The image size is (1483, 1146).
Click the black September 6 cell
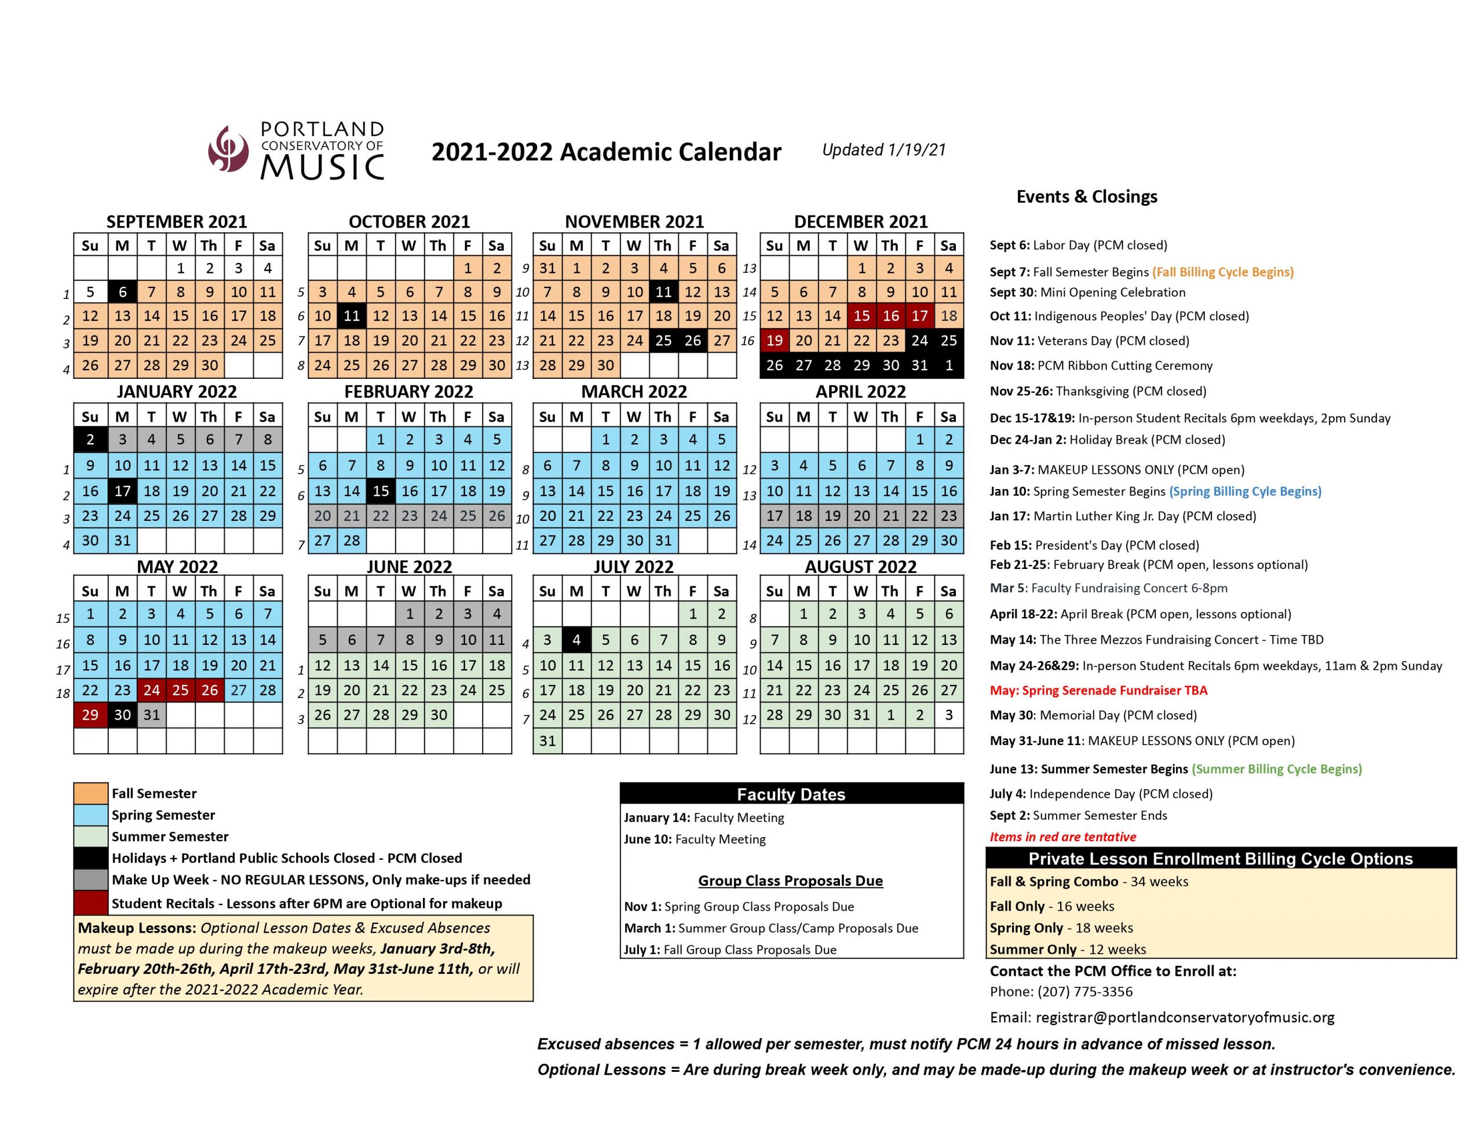[x=122, y=292]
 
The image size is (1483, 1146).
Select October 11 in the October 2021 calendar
[x=351, y=316]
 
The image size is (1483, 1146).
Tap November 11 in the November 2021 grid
[x=663, y=292]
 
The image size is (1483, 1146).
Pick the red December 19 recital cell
[x=774, y=340]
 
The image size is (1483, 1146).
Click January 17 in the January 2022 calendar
[x=122, y=491]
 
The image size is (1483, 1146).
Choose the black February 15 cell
[x=380, y=491]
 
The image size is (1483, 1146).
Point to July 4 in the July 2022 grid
[x=576, y=639]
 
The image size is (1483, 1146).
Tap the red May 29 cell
[x=90, y=714]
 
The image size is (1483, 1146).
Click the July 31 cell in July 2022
[x=547, y=740]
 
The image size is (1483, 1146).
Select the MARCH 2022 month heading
[x=634, y=392]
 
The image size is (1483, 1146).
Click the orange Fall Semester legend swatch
[x=90, y=793]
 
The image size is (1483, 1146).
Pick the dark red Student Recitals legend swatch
[x=90, y=903]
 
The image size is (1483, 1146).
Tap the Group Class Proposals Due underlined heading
[x=790, y=881]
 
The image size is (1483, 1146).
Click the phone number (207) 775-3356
[x=1084, y=992]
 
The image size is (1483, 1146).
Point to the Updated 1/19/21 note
[x=883, y=150]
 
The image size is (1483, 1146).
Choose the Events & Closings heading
[x=1086, y=197]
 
